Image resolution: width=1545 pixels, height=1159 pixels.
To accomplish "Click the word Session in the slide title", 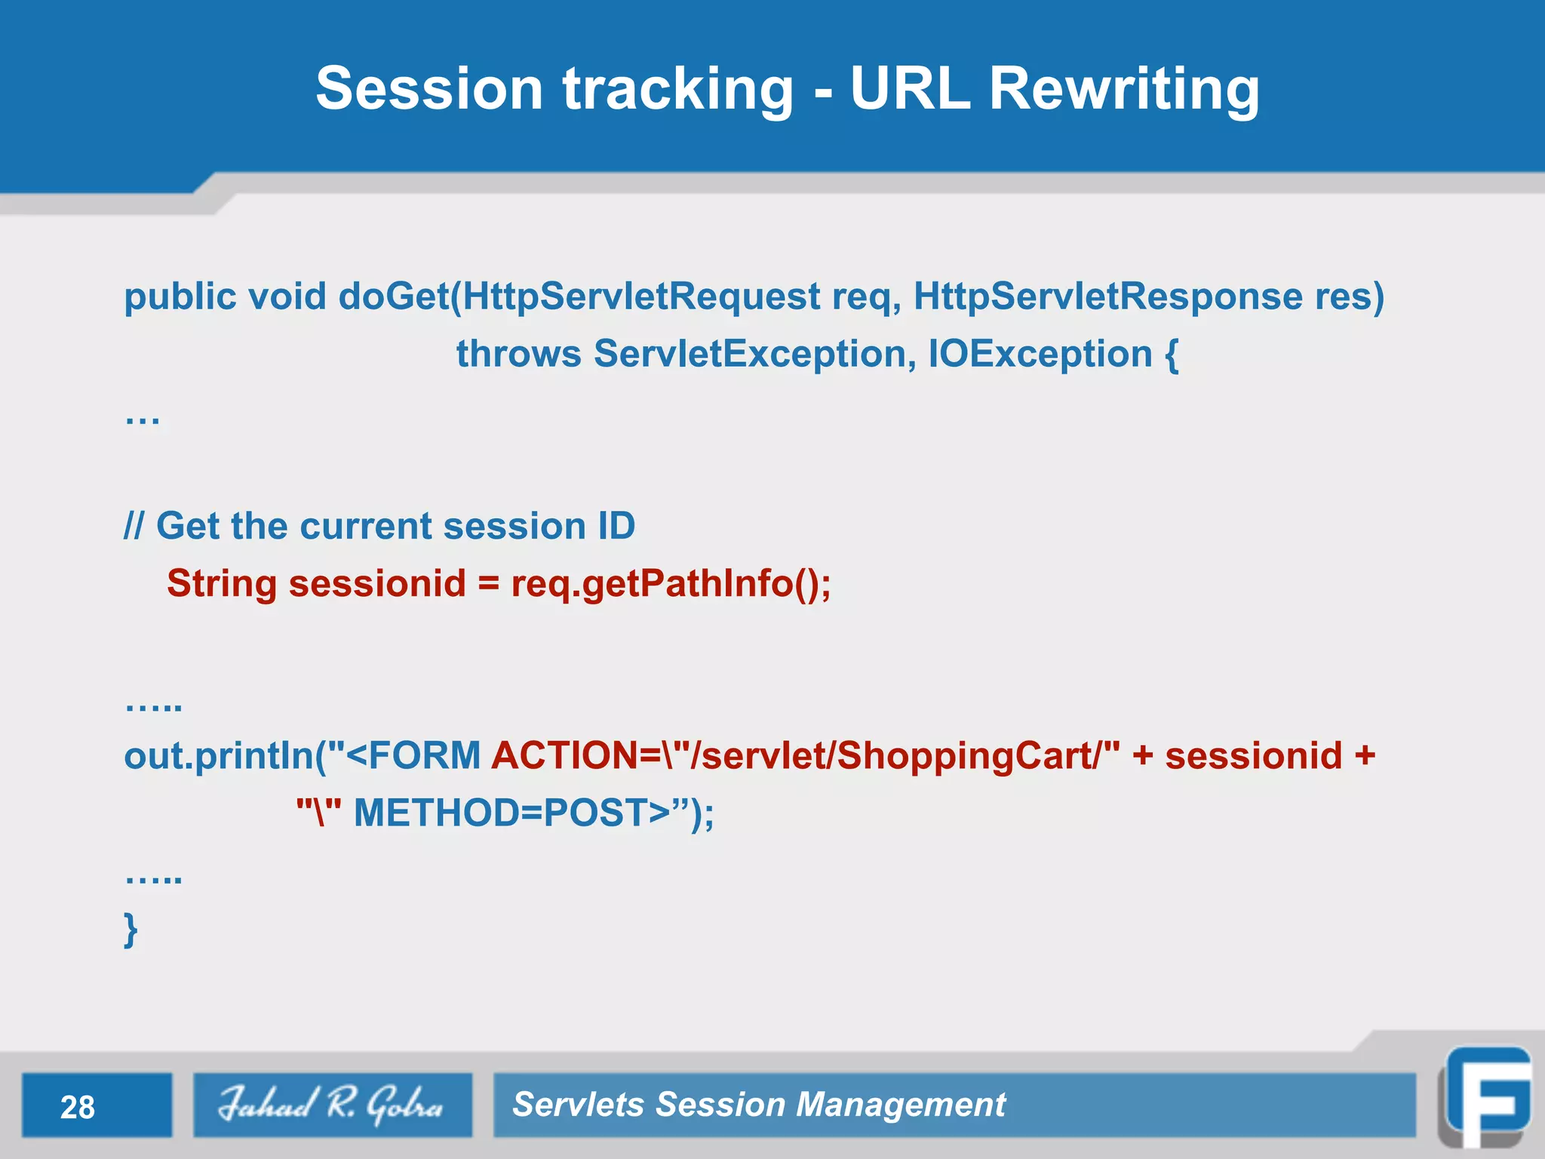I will tap(428, 89).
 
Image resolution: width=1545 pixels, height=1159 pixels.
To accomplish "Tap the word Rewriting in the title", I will tap(1123, 89).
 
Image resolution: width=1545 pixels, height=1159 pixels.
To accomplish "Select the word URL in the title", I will tap(910, 89).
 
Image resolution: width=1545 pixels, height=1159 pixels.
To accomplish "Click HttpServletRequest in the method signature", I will tap(641, 296).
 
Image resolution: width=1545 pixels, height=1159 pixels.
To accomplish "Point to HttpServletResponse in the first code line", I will tap(1107, 296).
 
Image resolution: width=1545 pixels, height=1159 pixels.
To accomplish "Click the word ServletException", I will tap(750, 354).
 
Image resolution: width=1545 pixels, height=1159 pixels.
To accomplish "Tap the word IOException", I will tap(1040, 354).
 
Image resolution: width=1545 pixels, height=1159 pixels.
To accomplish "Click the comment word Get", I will tap(188, 526).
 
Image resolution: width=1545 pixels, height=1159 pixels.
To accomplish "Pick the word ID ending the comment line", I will tap(616, 526).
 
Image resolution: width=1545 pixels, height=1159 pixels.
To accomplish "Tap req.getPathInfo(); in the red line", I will tap(671, 583).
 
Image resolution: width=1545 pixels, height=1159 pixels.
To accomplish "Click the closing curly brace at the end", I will tap(131, 929).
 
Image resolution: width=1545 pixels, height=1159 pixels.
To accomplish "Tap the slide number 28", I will tap(78, 1107).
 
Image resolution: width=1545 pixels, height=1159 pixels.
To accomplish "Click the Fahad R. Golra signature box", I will tap(332, 1105).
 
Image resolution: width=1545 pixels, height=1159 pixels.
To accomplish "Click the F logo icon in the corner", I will tap(1485, 1097).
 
